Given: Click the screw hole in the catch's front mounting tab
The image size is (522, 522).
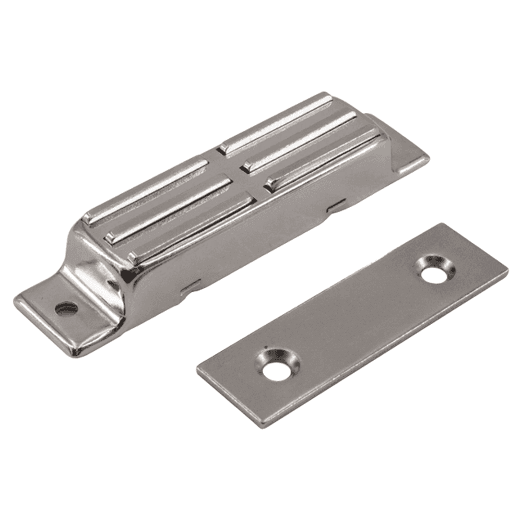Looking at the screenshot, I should pyautogui.click(x=66, y=309).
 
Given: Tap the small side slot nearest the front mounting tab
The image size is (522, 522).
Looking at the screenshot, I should pyautogui.click(x=191, y=286).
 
